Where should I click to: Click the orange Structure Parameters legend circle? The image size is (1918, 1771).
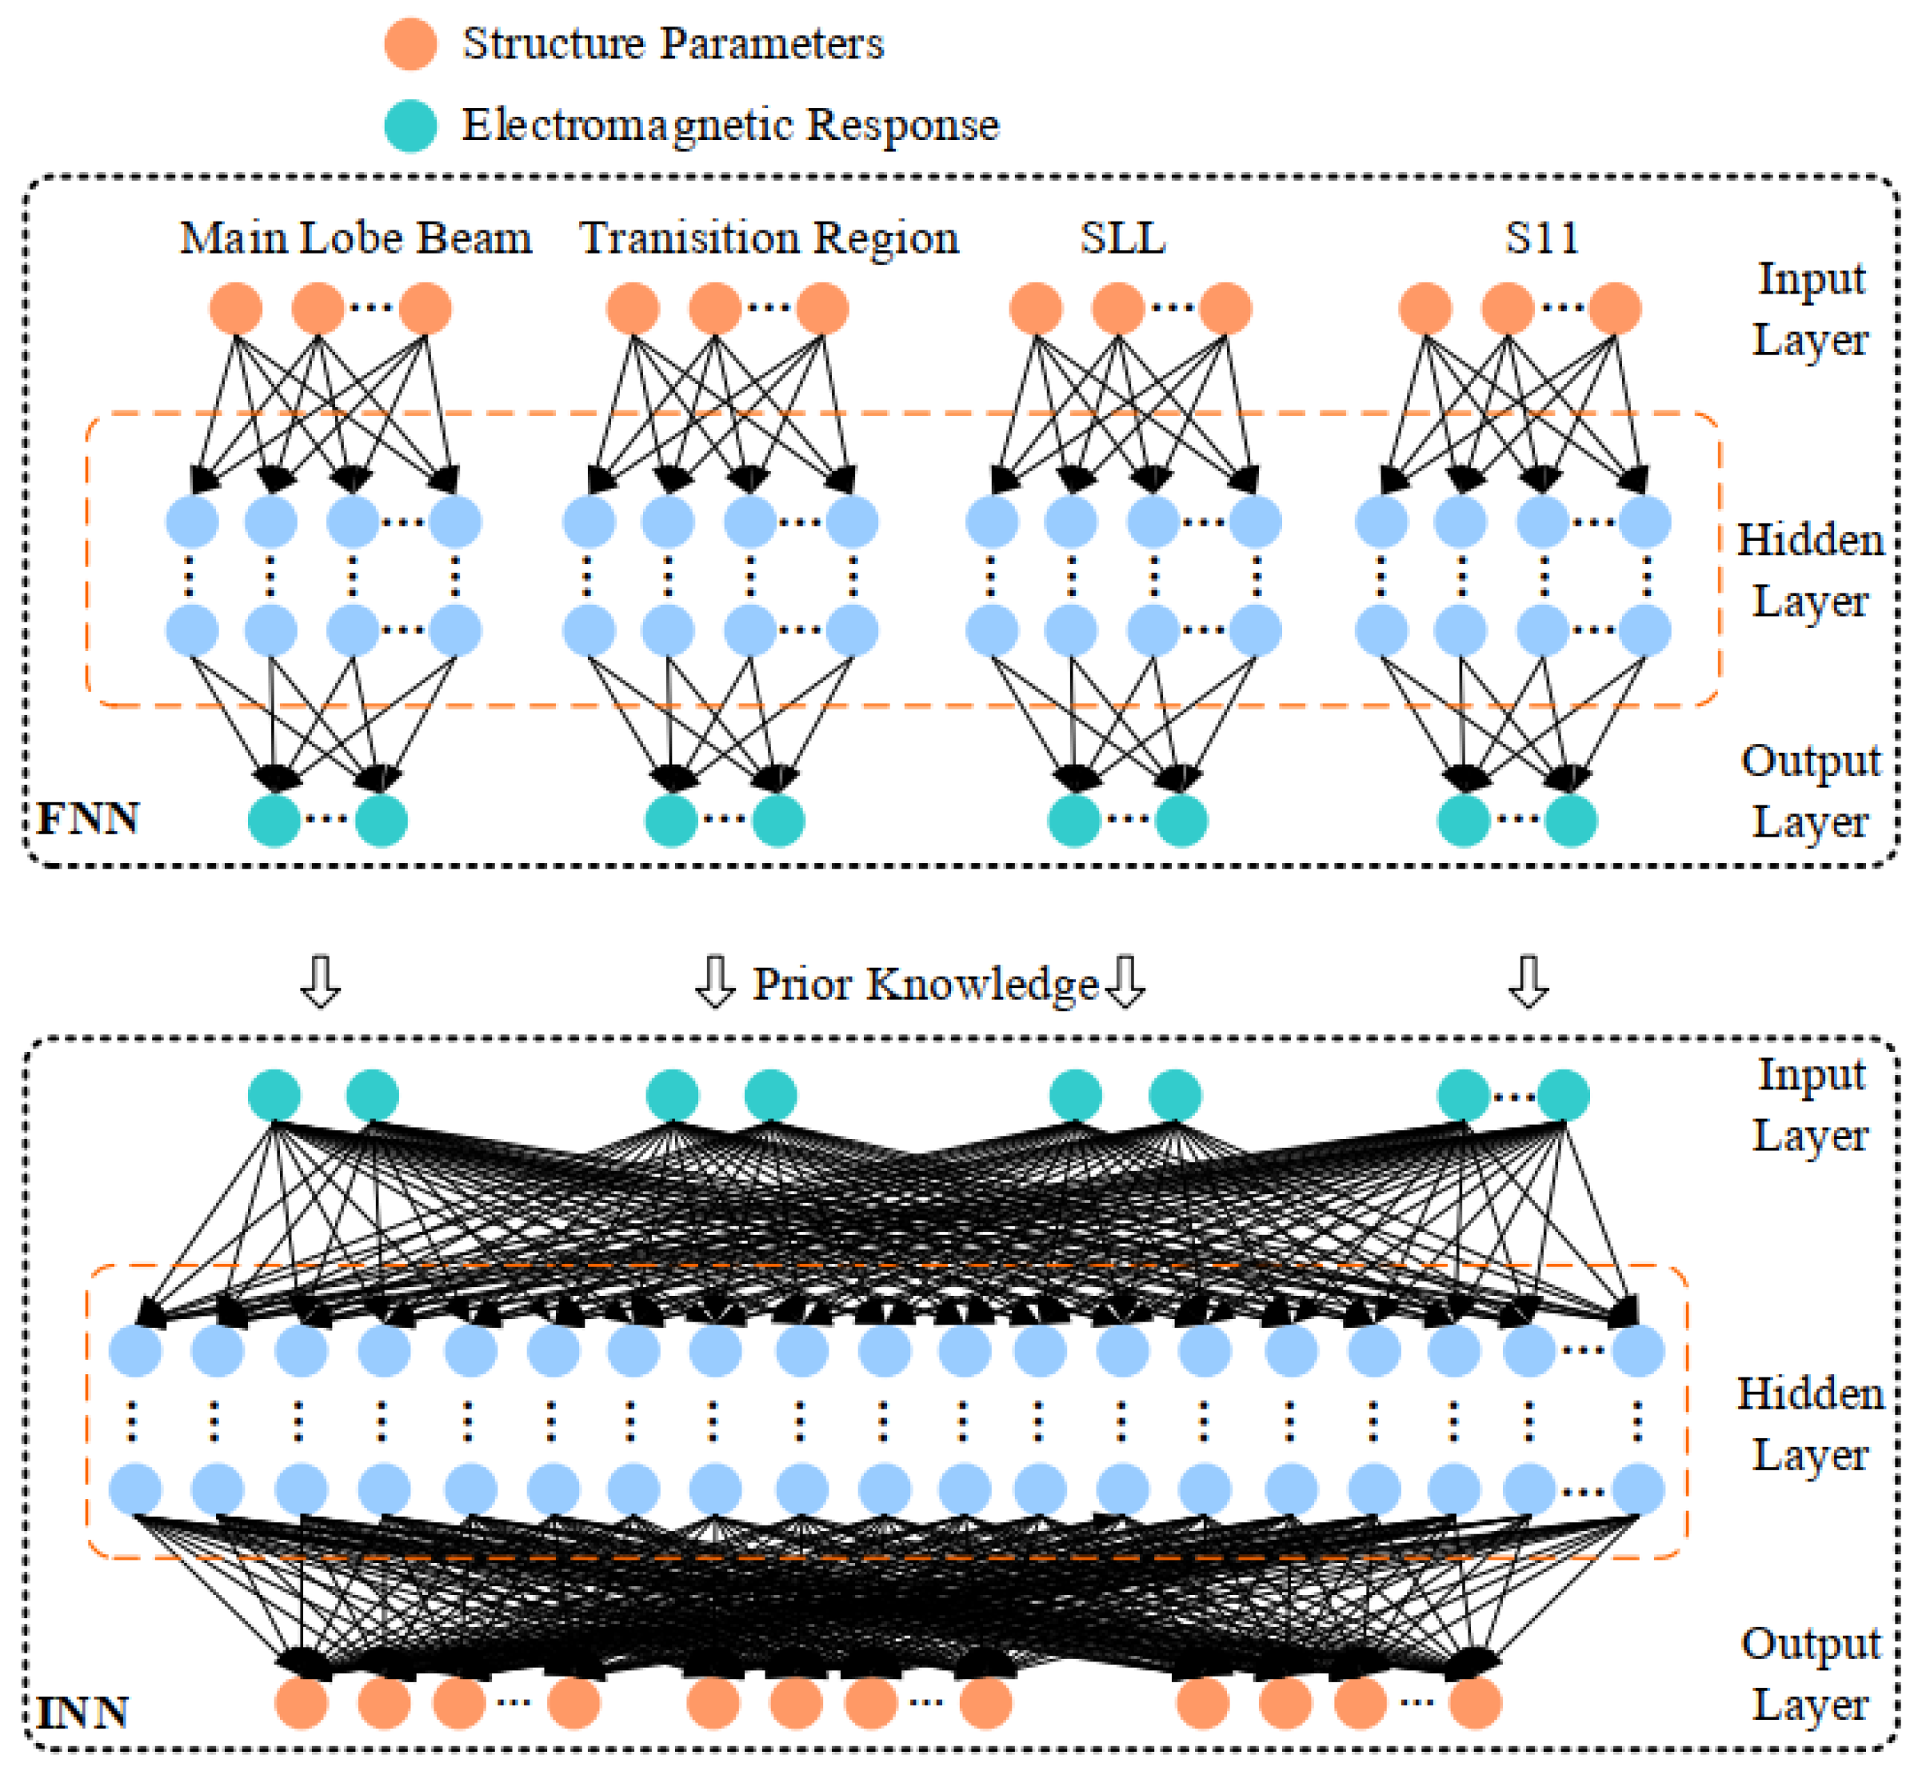(410, 44)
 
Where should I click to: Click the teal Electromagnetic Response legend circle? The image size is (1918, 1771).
(410, 126)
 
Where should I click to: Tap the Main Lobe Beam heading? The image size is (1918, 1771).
(355, 238)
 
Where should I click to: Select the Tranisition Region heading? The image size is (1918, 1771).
(769, 238)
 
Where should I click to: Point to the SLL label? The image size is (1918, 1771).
(1122, 238)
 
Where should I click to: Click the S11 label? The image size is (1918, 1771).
(1540, 238)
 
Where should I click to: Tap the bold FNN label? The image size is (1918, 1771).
(87, 819)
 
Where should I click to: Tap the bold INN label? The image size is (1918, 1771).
(82, 1713)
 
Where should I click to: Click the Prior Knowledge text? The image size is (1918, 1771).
(925, 984)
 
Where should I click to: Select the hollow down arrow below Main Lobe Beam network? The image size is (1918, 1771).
(320, 981)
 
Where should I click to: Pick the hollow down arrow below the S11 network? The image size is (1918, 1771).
(1528, 981)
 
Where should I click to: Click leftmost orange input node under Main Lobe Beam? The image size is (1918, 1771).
(236, 309)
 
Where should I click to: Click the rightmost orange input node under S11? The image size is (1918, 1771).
(1615, 309)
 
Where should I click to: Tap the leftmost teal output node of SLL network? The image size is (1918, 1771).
(1074, 822)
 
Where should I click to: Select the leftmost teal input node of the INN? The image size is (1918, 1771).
(274, 1095)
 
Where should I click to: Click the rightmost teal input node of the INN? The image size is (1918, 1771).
(1564, 1095)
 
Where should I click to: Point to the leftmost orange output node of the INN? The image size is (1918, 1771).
(301, 1703)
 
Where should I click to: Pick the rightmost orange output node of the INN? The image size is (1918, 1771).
(1474, 1703)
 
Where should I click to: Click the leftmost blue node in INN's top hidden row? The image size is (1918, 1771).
(135, 1351)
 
